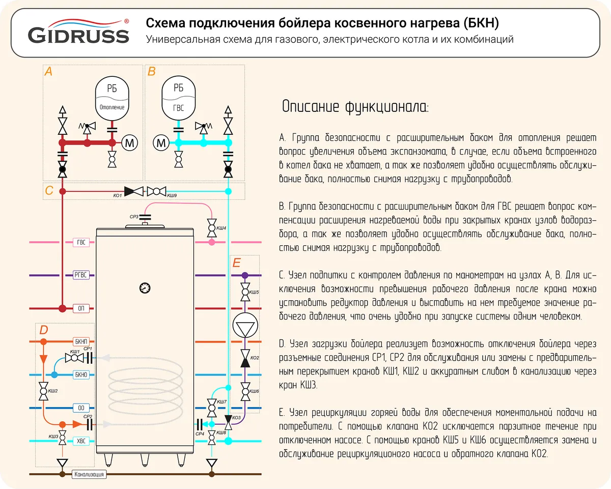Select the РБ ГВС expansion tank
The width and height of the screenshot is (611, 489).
tap(178, 97)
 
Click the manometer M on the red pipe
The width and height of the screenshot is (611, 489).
tap(129, 143)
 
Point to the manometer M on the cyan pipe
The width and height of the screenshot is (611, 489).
tap(161, 143)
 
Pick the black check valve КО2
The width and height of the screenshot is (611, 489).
tap(245, 358)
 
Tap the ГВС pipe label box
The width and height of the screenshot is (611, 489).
tap(81, 242)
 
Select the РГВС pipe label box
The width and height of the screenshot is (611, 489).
tap(81, 275)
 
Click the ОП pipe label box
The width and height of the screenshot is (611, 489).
tap(81, 308)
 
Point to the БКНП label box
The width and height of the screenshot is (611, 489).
tap(81, 341)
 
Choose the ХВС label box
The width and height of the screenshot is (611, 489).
tap(81, 441)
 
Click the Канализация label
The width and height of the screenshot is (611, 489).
tap(89, 474)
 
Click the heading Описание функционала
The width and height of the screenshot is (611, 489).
tap(355, 108)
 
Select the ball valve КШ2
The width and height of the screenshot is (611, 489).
tap(43, 392)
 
